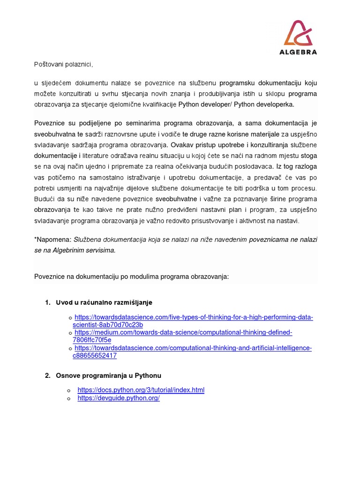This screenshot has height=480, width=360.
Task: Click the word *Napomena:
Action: click(53, 239)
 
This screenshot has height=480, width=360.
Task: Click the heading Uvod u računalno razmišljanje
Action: click(104, 302)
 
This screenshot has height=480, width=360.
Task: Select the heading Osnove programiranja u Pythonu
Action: click(108, 375)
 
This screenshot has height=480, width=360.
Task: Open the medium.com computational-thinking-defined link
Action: click(183, 332)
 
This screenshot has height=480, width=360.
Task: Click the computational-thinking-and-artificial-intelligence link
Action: click(193, 348)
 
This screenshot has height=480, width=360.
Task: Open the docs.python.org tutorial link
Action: click(141, 390)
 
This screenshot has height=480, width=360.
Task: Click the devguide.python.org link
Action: click(119, 398)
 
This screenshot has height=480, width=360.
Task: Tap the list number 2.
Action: click(47, 375)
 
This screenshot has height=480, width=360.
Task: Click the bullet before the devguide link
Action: click(69, 398)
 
